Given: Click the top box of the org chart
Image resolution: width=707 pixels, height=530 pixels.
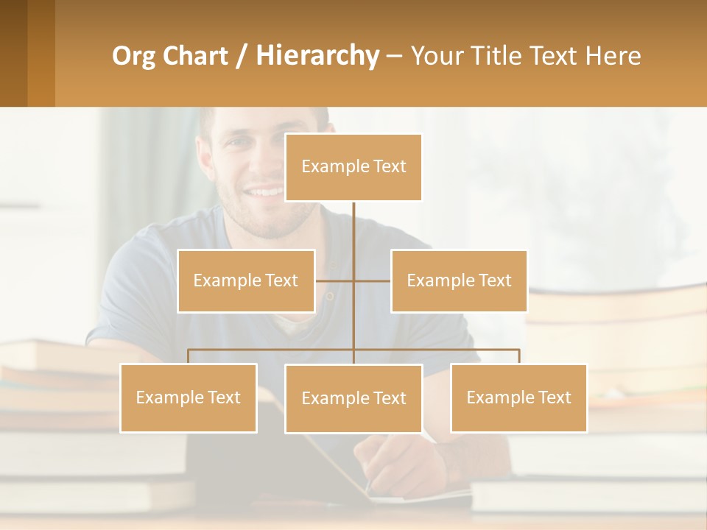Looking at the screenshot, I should click(353, 167).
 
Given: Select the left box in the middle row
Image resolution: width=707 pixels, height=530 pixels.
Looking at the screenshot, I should click(246, 280).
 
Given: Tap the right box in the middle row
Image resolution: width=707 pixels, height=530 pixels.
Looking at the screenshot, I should click(459, 280).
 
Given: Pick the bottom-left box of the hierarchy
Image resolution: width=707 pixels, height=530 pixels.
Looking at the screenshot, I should click(189, 397).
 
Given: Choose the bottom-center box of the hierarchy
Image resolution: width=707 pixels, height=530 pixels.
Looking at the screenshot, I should click(353, 398).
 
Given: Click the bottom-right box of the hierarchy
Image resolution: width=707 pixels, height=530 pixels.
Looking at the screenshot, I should click(518, 397).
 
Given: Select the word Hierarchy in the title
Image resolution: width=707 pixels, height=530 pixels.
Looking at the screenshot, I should click(317, 56).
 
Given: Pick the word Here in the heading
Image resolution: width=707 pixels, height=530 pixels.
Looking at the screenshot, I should click(613, 56).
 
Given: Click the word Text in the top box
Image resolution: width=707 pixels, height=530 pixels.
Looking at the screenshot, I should click(390, 166).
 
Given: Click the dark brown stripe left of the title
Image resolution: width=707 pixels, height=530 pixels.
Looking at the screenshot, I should click(13, 53).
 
